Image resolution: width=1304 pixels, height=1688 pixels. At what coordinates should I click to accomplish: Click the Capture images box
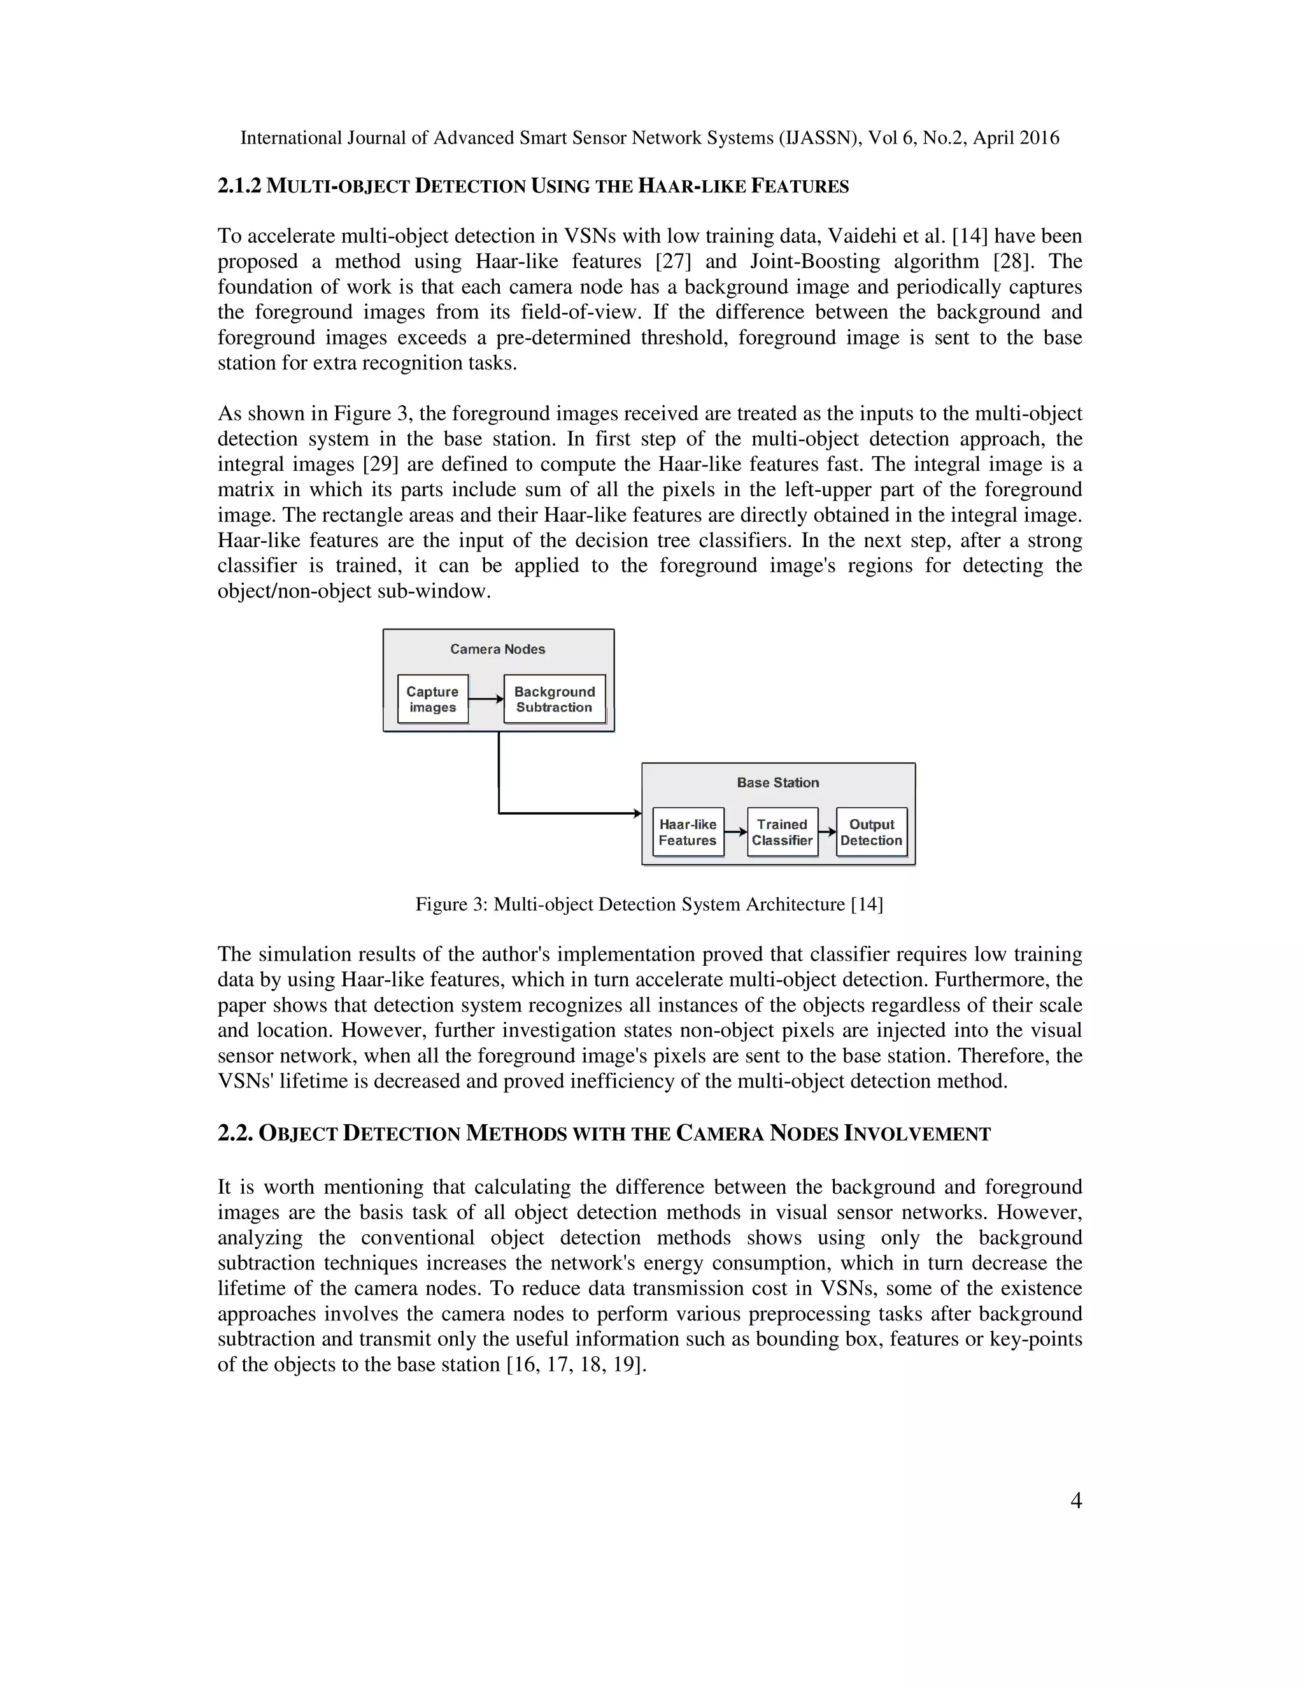432,699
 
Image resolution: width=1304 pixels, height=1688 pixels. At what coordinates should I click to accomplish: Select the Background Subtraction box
554,699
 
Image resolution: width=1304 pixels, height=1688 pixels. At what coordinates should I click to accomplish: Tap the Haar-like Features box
688,832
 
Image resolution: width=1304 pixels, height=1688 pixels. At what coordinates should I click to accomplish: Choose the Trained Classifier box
782,832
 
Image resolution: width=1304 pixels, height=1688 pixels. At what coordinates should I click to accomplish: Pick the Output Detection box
872,832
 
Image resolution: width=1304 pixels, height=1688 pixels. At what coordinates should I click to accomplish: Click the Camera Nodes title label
497,649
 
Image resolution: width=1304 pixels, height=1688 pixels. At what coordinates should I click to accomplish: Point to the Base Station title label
777,782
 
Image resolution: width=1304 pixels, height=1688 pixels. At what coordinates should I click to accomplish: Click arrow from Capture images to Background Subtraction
486,699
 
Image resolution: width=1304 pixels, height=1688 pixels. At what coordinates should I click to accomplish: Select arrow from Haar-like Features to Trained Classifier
735,832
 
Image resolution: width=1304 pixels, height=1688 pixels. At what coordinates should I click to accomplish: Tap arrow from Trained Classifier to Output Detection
826,832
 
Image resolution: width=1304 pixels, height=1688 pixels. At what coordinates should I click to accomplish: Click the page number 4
1075,1500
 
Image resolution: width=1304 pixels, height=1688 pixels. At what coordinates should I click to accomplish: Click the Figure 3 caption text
649,903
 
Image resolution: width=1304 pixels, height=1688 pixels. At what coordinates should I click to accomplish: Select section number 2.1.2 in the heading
239,185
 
